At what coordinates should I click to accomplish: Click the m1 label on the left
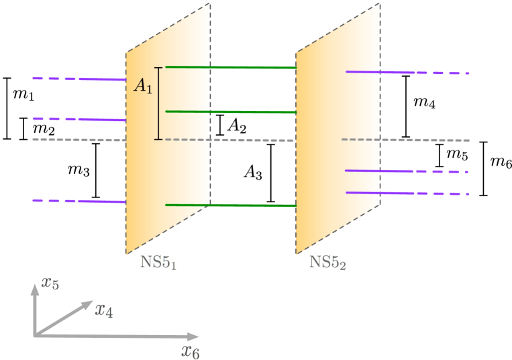click(x=24, y=95)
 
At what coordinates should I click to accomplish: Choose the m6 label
click(x=501, y=163)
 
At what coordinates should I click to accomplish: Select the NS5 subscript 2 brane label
click(x=327, y=263)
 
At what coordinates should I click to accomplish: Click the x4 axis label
click(x=105, y=310)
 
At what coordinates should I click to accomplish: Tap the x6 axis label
click(x=191, y=350)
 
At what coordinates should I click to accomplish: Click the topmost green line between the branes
click(x=231, y=67)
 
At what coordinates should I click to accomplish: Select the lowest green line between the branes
click(x=231, y=205)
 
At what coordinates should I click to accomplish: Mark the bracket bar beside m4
click(x=405, y=106)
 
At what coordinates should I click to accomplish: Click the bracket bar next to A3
click(x=271, y=173)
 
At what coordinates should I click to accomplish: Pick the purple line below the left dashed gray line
click(x=79, y=201)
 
